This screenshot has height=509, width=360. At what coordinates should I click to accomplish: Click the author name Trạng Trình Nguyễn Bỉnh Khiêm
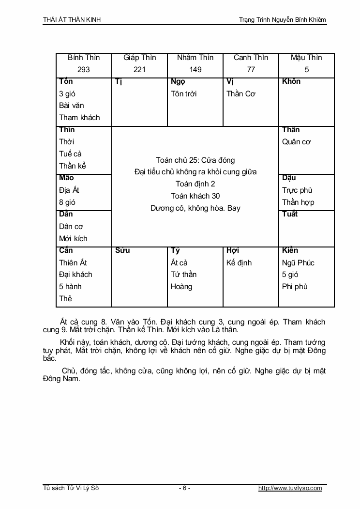pyautogui.click(x=283, y=20)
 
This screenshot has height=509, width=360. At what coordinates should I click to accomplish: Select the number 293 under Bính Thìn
pyautogui.click(x=84, y=70)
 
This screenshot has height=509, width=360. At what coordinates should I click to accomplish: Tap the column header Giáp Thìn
pyautogui.click(x=139, y=58)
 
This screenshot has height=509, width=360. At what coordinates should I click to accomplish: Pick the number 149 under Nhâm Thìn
pyautogui.click(x=195, y=70)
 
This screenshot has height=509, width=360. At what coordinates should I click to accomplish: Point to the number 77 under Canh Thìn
pyautogui.click(x=251, y=70)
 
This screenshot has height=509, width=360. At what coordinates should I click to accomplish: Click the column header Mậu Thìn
pyautogui.click(x=306, y=58)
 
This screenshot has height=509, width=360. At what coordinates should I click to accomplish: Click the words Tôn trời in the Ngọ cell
pyautogui.click(x=183, y=94)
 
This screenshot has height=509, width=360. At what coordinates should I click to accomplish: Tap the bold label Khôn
pyautogui.click(x=291, y=81)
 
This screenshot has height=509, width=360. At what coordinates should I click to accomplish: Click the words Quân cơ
pyautogui.click(x=296, y=142)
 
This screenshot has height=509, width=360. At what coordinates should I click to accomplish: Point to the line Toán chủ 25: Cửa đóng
pyautogui.click(x=195, y=160)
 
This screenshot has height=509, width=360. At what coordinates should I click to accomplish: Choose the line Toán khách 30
pyautogui.click(x=195, y=196)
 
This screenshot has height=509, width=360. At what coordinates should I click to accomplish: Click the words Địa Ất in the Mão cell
pyautogui.click(x=69, y=190)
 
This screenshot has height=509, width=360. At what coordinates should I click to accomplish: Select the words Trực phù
pyautogui.click(x=297, y=190)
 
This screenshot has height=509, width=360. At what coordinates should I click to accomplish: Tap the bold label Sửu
pyautogui.click(x=122, y=250)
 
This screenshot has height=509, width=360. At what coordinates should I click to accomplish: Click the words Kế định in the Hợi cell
pyautogui.click(x=239, y=263)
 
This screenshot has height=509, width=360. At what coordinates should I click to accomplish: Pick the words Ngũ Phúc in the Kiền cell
pyautogui.click(x=298, y=263)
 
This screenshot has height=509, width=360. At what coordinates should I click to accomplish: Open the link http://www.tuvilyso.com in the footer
pyautogui.click(x=290, y=488)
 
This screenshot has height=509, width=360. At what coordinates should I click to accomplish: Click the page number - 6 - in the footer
pyautogui.click(x=184, y=488)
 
